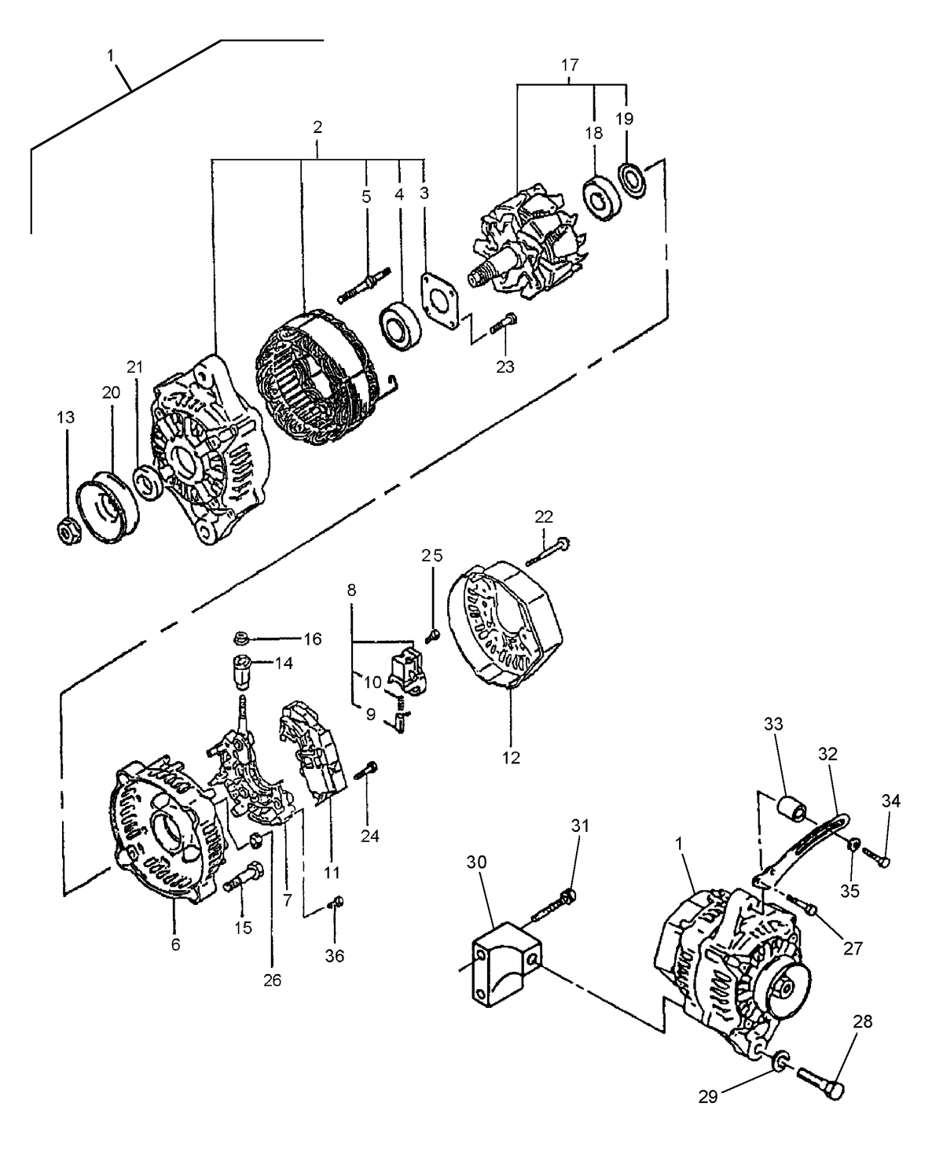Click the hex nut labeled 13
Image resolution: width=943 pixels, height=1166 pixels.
tap(68, 531)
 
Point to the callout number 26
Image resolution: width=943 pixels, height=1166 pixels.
tap(272, 980)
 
